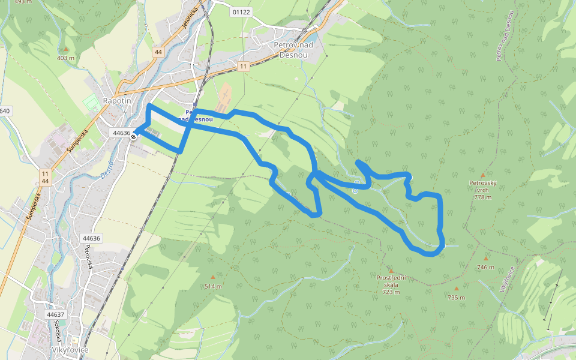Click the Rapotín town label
[116, 101]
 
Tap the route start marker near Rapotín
[133, 136]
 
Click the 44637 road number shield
[55, 314]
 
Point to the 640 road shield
[5, 111]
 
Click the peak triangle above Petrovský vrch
[482, 175]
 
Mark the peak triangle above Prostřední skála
[391, 271]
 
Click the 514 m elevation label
[212, 286]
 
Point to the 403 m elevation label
[65, 58]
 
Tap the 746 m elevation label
[485, 267]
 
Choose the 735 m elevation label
[456, 298]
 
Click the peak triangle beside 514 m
[212, 277]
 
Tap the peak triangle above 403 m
[66, 49]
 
